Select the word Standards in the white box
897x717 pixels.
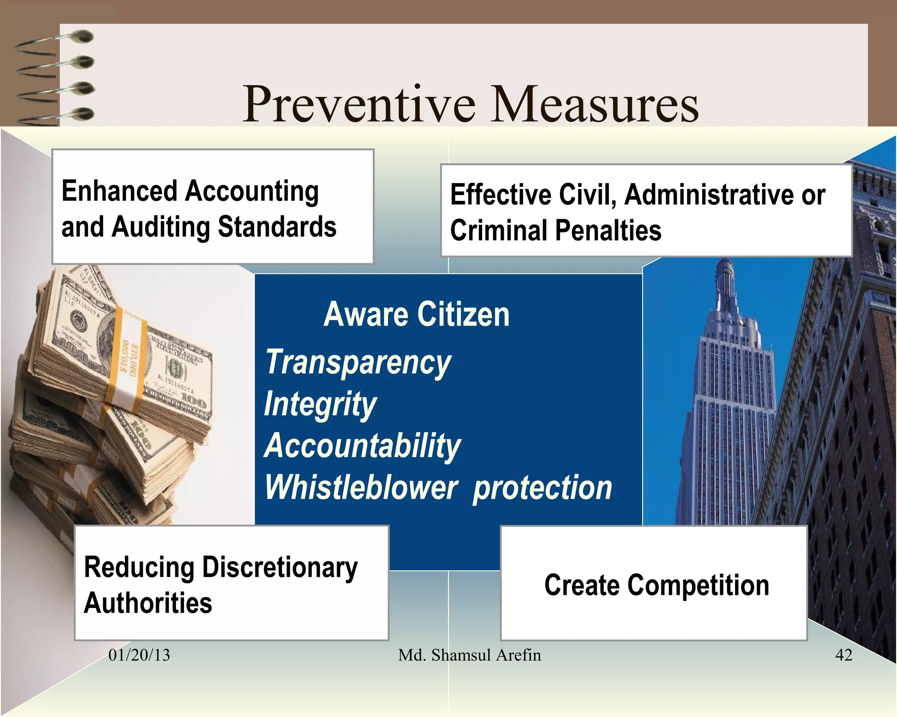(277, 227)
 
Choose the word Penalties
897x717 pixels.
(608, 231)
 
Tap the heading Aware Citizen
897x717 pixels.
(417, 314)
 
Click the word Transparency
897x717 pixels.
(358, 362)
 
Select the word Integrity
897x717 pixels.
(320, 404)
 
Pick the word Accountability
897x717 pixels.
(363, 446)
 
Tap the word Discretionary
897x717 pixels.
(280, 568)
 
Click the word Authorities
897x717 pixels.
(148, 603)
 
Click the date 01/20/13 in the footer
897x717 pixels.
(139, 655)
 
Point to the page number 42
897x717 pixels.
(844, 655)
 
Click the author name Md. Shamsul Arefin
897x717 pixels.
(469, 655)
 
